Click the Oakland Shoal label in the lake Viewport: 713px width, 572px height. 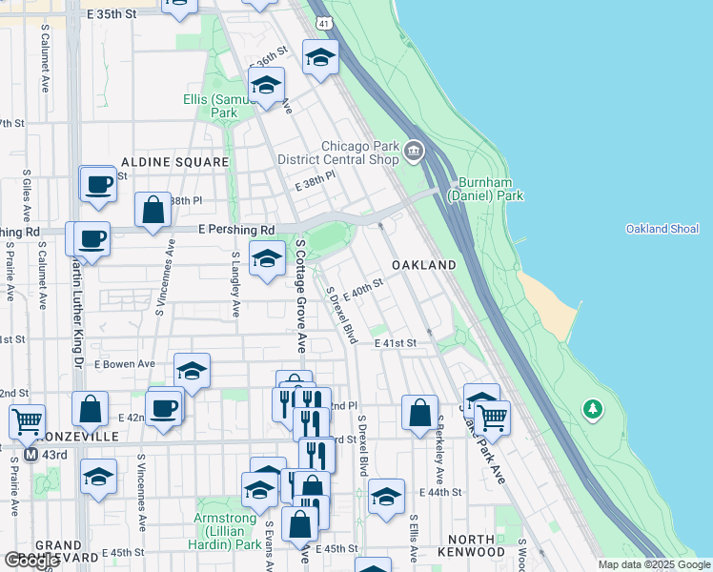coord(662,229)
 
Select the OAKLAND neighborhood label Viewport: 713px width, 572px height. coord(423,264)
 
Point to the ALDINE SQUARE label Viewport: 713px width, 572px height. coord(174,163)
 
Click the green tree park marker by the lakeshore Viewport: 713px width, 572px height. coord(593,410)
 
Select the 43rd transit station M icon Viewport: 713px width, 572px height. coord(31,455)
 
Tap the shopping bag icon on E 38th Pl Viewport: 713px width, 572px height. coord(153,209)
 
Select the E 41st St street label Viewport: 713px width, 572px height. coord(396,342)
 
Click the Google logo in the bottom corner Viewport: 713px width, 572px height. coord(31,561)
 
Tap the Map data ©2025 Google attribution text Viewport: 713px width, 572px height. coord(654,564)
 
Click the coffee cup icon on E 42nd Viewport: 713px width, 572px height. coord(164,409)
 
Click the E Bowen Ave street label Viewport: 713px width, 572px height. coord(125,364)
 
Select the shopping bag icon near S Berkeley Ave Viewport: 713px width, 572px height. coord(419,413)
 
